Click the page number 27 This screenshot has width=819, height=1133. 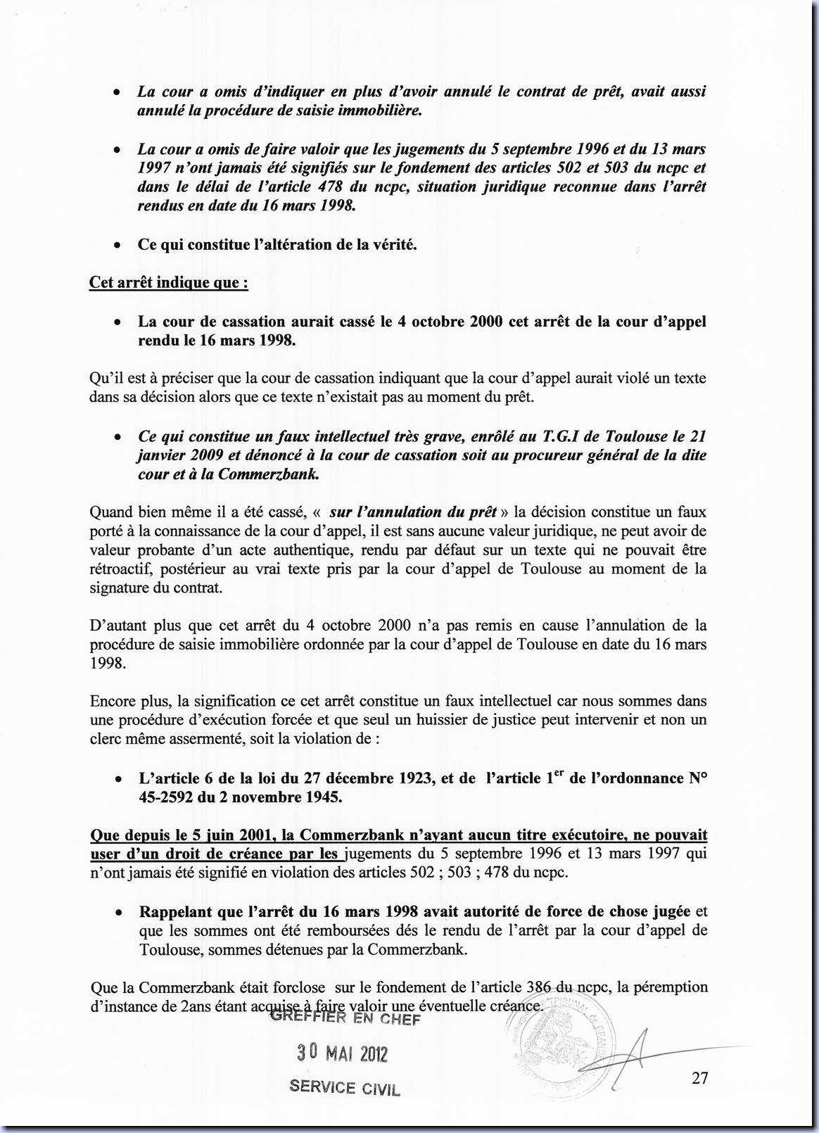tap(699, 1078)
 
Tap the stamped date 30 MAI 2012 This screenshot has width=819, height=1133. tap(342, 1053)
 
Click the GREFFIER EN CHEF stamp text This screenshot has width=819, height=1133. tap(345, 1018)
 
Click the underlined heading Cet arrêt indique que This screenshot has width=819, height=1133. tap(168, 283)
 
